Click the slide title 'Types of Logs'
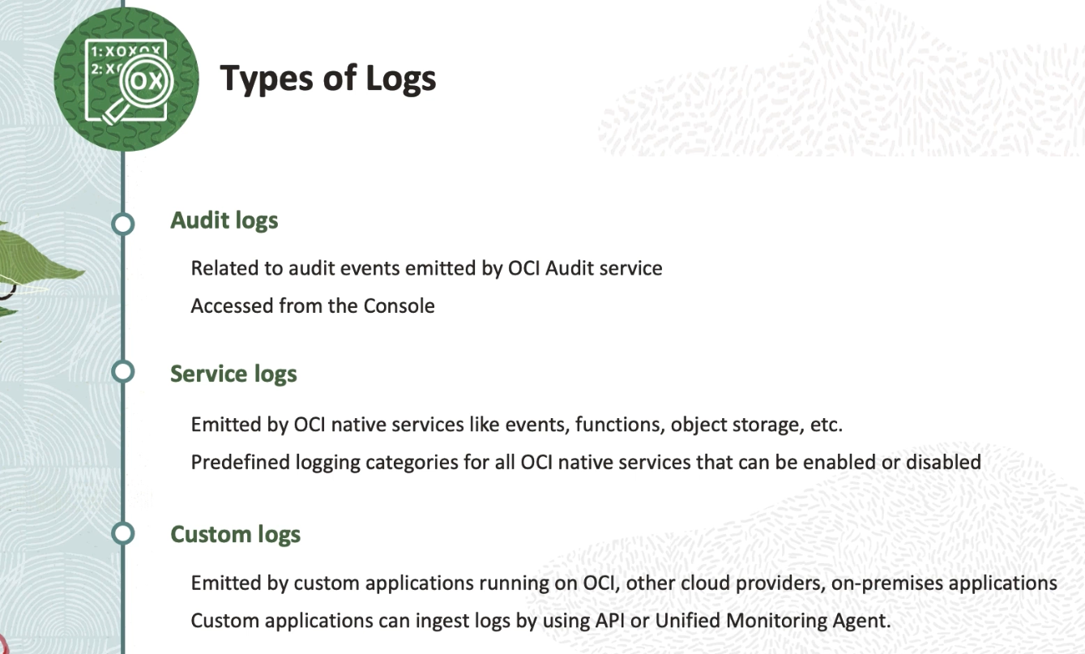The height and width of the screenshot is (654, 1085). tap(328, 79)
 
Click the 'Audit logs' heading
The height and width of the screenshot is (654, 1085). tap(224, 221)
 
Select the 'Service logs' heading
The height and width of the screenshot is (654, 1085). tap(233, 374)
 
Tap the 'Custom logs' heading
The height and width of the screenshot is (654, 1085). tap(236, 535)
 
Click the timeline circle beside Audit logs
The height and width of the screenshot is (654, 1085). tap(123, 224)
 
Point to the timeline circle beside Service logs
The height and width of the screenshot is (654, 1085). tap(123, 371)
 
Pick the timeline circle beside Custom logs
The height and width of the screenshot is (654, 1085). tap(123, 533)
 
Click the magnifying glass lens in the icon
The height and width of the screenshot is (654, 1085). tap(147, 80)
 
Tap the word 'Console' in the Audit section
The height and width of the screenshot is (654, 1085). tap(399, 306)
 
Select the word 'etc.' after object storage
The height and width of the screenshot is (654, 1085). tap(827, 425)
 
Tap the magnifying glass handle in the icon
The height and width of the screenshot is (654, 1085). tap(115, 113)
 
